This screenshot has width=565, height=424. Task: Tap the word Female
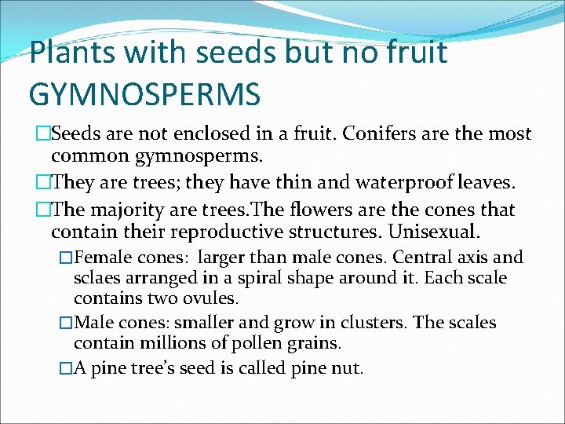[x=106, y=258]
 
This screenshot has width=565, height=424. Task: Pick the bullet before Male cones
[x=66, y=322]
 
